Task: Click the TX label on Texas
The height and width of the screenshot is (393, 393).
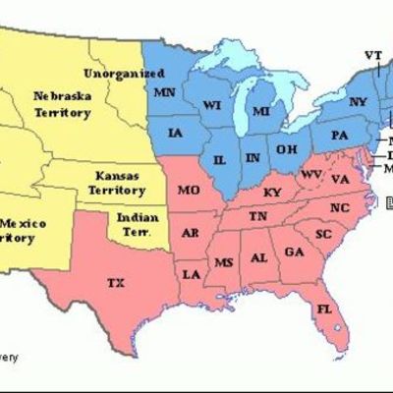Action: (116, 283)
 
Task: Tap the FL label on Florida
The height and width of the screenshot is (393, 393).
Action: (323, 310)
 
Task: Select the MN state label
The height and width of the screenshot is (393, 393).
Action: (164, 91)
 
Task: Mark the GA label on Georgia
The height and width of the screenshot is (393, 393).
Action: (293, 252)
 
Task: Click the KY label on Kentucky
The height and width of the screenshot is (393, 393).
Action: (273, 192)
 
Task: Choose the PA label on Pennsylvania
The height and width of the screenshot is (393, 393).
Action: (340, 134)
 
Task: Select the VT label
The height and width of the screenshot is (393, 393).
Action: (373, 53)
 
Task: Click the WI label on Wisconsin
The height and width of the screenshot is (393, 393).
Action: (212, 103)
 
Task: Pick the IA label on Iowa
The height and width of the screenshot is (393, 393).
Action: (176, 133)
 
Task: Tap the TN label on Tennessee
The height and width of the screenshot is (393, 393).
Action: (257, 215)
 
